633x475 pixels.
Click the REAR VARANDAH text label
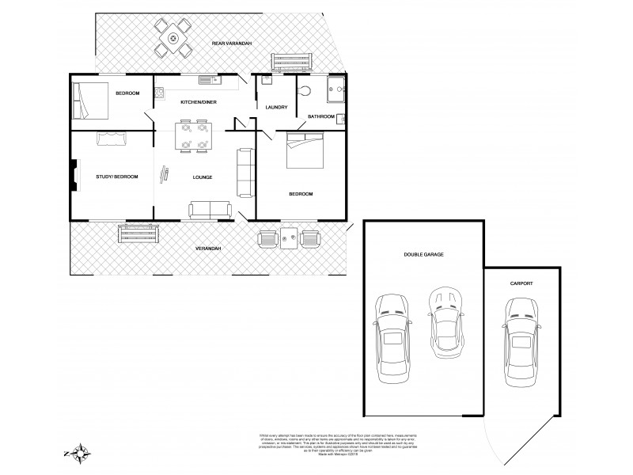[231, 43]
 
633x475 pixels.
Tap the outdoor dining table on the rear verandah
[173, 37]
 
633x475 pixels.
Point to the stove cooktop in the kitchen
[158, 92]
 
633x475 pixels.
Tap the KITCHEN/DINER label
[199, 103]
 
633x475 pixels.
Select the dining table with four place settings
[194, 135]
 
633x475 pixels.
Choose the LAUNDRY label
[276, 108]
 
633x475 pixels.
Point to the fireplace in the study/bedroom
[74, 176]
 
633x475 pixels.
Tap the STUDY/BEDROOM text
[112, 177]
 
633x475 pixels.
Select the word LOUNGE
[202, 177]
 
